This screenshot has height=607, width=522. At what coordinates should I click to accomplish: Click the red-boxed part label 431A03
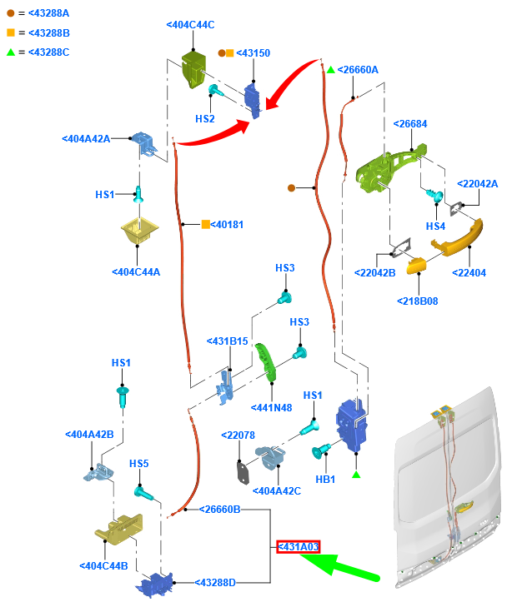coord(299,547)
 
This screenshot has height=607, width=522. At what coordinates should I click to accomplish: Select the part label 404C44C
coord(190,25)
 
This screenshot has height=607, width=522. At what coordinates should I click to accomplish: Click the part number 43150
coord(253,52)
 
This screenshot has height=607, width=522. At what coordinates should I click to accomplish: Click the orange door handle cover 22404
coord(457,246)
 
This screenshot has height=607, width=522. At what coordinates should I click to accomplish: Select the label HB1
coord(324,479)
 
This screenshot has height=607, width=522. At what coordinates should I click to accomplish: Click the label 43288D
coord(215,582)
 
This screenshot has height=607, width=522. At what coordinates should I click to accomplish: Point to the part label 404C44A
coord(136,271)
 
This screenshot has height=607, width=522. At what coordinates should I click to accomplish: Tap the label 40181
coord(226,224)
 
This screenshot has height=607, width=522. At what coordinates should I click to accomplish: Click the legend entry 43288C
coord(48,52)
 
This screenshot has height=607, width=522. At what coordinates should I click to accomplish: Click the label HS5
coord(138,464)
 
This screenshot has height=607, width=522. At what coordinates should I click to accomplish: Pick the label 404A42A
coord(86,139)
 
